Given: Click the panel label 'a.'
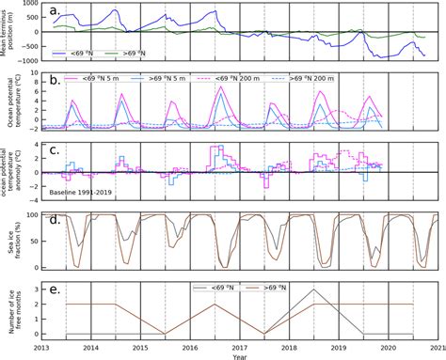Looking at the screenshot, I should [56, 11].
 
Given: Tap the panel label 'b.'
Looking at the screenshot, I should [56, 82].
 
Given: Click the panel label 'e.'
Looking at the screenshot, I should [56, 290].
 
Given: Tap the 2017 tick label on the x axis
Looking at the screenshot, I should [241, 346].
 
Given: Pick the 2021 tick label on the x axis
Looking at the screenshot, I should [435, 346].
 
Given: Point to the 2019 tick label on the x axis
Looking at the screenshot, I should [340, 346].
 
